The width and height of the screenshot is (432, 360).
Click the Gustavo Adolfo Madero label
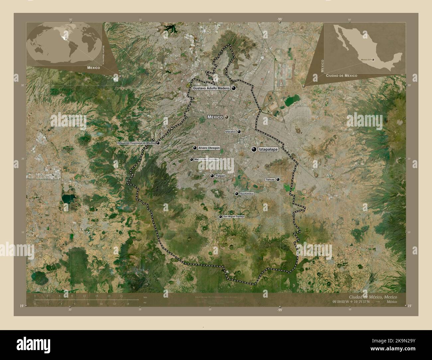pyautogui.click(x=211, y=88)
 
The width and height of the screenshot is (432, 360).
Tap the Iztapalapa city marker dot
pyautogui.click(x=254, y=150)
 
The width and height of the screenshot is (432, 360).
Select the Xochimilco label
pyautogui.click(x=247, y=194)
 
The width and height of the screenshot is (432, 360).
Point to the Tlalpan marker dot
pyautogui.click(x=212, y=176)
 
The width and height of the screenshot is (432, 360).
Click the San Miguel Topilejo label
pyautogui.click(x=234, y=217)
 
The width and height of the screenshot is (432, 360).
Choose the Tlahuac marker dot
pyautogui.click(x=278, y=179)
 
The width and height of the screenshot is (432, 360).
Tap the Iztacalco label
pyautogui.click(x=230, y=132)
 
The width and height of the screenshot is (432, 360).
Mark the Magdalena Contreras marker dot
pyautogui.click(x=191, y=159)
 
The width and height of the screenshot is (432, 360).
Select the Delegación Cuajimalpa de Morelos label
pyautogui.click(x=136, y=143)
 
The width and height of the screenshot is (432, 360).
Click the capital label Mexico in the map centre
pyautogui.click(x=215, y=117)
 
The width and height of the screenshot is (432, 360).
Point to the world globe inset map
pyautogui.click(x=64, y=43)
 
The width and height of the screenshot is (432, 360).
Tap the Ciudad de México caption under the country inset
pyautogui.click(x=342, y=76)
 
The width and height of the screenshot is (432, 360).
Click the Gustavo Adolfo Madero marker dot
pyautogui.click(x=234, y=88)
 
